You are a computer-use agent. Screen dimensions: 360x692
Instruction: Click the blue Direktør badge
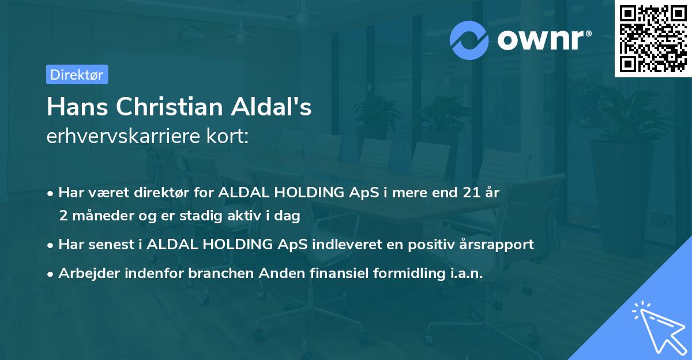[77, 74]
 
